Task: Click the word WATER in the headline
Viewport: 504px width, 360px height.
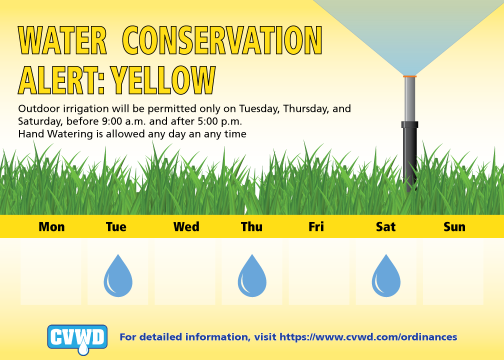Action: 62,40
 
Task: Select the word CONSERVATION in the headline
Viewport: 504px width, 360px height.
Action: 222,40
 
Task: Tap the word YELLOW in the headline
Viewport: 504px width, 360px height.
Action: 162,80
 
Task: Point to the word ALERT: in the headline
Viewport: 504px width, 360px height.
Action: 61,80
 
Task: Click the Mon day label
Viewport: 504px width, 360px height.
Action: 52,227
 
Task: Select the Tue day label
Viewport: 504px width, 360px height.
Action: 116,227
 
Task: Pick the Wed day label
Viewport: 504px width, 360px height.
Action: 186,227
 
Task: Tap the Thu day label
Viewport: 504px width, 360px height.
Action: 251,227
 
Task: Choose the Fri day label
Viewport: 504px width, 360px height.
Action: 316,227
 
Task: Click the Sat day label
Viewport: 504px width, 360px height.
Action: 385,227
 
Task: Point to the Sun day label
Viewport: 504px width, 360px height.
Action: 454,227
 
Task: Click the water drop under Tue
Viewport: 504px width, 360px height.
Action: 118,276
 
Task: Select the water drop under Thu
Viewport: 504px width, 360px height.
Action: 252,276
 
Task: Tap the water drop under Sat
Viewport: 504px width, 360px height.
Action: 386,276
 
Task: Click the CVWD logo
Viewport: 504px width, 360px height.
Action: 77,339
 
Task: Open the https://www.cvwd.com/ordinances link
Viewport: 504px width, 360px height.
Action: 368,337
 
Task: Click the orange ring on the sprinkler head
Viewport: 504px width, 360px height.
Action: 410,76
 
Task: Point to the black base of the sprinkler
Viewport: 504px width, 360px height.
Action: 410,156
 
